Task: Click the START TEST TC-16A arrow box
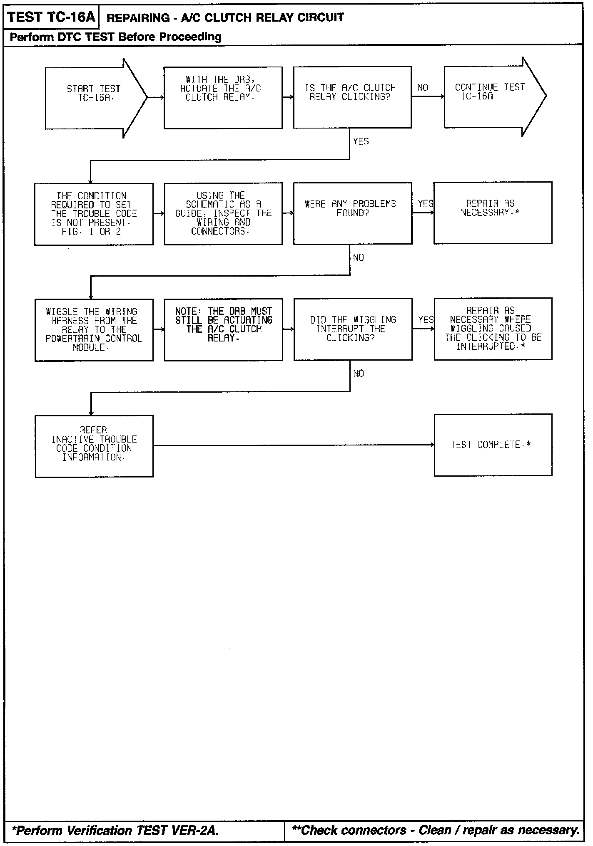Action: (x=94, y=98)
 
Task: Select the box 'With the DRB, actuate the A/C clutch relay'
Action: (x=223, y=98)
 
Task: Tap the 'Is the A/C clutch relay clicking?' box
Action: (x=352, y=97)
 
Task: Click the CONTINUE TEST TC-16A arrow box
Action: (x=491, y=96)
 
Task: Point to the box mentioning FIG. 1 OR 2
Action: (x=94, y=214)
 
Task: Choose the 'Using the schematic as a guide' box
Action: (x=223, y=213)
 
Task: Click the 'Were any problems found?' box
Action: (x=352, y=213)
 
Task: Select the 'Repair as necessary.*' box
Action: (x=493, y=213)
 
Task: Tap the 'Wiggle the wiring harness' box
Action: (x=94, y=329)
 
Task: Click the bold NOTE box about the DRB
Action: (x=223, y=329)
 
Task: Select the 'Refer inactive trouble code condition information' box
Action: (x=94, y=445)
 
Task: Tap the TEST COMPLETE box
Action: (x=493, y=445)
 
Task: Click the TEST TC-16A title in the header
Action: (x=51, y=17)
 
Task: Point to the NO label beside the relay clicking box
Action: (x=423, y=87)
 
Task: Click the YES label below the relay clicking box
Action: (x=361, y=141)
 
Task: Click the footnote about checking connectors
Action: (x=436, y=830)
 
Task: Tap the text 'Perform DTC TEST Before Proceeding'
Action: (x=115, y=37)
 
